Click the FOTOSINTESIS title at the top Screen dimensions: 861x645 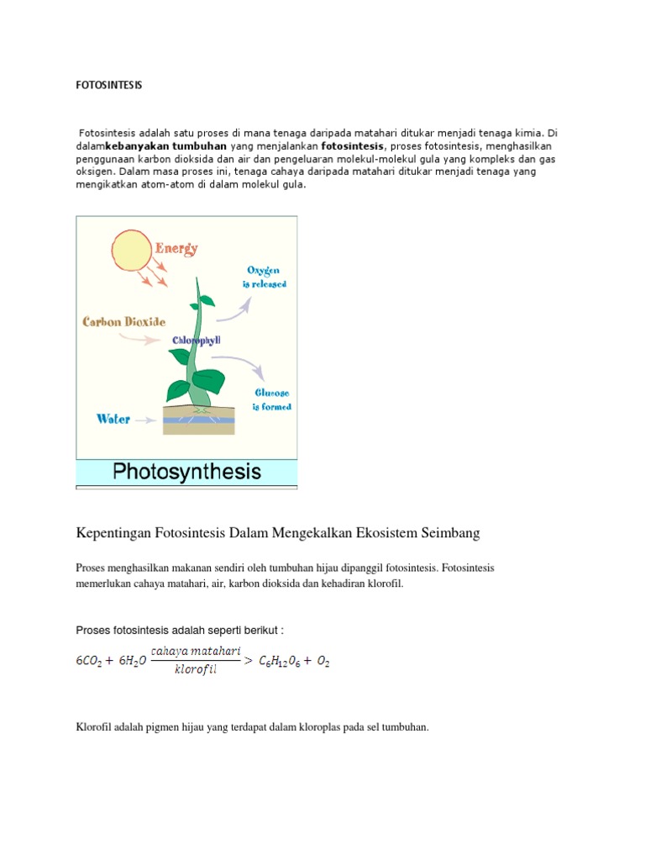(110, 86)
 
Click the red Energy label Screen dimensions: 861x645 (177, 248)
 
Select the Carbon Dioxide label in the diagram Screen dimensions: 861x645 (123, 321)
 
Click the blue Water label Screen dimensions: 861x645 (113, 418)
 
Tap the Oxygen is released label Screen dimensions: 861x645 (266, 277)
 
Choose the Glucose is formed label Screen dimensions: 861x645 (272, 399)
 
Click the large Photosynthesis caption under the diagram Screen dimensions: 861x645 (187, 471)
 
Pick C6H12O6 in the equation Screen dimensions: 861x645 (283, 662)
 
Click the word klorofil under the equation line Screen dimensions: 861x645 (196, 671)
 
